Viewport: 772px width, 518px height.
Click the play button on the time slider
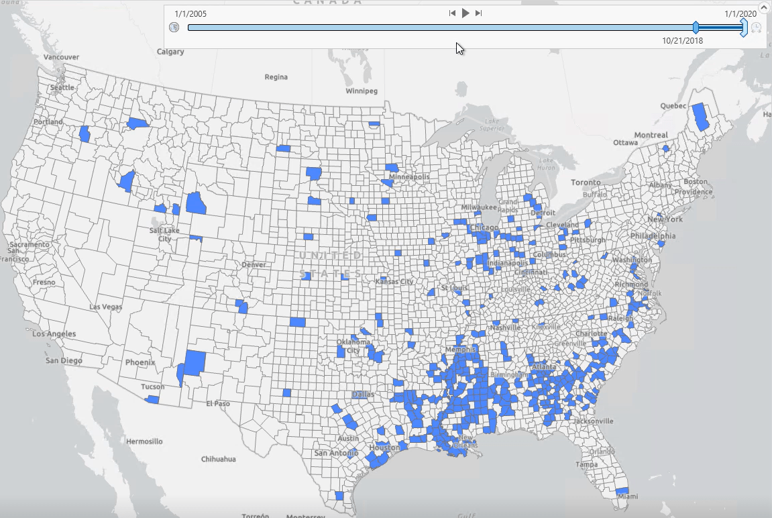[x=465, y=13]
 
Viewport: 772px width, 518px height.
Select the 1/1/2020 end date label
[x=740, y=14]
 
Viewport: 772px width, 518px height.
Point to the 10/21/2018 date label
[x=682, y=40]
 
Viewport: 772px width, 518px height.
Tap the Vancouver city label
[x=62, y=58]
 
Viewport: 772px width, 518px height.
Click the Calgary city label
[x=172, y=52]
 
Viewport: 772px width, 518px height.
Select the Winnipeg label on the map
[x=362, y=91]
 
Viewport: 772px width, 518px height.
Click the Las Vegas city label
[x=106, y=307]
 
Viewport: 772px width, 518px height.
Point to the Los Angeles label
[x=54, y=333]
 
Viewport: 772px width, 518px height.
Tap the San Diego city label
[x=64, y=360]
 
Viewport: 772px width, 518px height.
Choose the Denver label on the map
[x=254, y=264]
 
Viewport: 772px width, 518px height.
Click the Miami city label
[x=628, y=497]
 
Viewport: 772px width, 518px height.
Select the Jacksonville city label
[x=593, y=421]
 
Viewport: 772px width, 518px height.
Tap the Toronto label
[x=586, y=183]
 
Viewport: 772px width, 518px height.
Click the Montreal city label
[x=651, y=135]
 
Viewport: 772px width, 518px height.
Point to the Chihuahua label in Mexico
[x=219, y=459]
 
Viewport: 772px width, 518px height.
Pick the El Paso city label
[x=218, y=403]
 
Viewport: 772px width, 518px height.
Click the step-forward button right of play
[x=478, y=13]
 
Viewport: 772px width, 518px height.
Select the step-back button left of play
[x=453, y=13]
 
